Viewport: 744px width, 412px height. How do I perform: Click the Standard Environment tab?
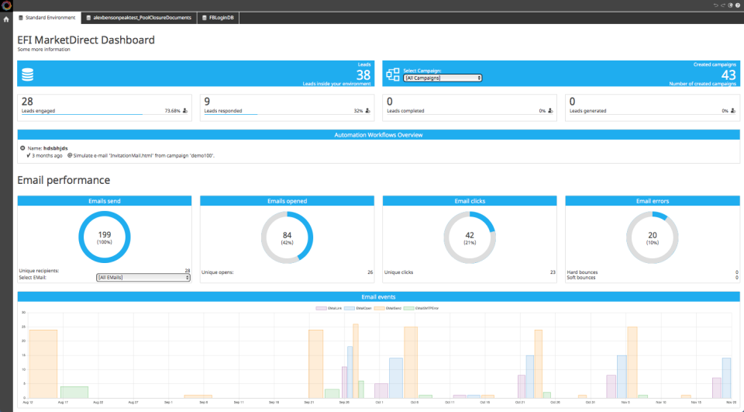tap(47, 17)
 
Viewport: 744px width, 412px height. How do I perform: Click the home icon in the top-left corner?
tap(6, 18)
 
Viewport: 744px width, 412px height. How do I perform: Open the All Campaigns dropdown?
tap(443, 78)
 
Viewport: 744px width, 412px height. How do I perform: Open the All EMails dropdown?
tap(143, 277)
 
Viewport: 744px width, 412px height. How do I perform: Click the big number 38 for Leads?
tap(363, 74)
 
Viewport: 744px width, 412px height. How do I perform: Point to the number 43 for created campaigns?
tap(728, 74)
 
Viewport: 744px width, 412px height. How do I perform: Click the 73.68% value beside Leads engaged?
tap(172, 111)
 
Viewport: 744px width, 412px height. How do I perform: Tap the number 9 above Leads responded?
tap(207, 101)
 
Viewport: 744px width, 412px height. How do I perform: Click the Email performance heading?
tap(64, 180)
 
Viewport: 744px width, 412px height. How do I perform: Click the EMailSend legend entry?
tap(389, 308)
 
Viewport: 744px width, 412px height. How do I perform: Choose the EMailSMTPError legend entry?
tap(424, 308)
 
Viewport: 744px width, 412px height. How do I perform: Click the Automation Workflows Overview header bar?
tap(377, 135)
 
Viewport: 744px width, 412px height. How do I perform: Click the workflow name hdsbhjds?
tap(55, 147)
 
